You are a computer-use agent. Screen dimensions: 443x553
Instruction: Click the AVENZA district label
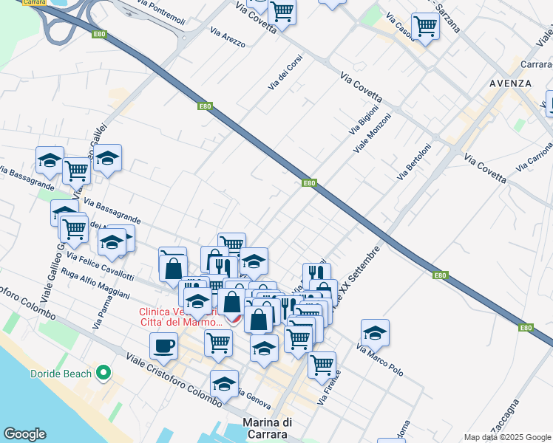pos(510,83)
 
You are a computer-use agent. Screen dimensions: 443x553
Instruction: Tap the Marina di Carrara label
pos(267,428)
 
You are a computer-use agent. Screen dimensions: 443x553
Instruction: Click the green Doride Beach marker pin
pos(104,373)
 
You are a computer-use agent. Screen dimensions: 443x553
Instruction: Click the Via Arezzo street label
pos(227,38)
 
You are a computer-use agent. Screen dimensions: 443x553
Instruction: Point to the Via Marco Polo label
pos(380,360)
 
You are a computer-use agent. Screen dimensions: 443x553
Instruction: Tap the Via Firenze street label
pos(328,389)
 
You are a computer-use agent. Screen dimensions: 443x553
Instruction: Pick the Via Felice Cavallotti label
pos(100,267)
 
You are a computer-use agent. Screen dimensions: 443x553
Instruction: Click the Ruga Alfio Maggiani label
pos(96,288)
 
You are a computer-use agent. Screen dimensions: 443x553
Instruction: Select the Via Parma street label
pos(101,312)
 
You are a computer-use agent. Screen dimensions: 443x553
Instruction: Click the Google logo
pos(24,434)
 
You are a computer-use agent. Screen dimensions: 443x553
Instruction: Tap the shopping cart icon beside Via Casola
pos(425,26)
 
